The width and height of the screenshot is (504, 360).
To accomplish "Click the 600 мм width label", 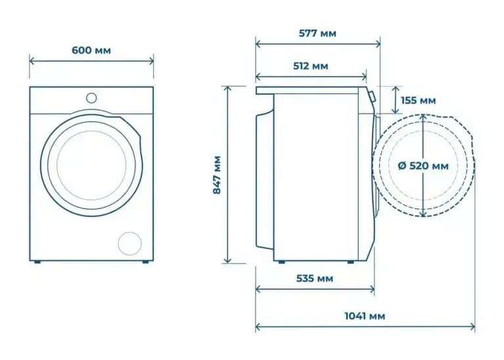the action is click(91, 51).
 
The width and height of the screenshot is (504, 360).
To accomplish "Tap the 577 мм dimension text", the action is click(317, 34).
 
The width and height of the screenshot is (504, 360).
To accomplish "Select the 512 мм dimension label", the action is click(311, 66).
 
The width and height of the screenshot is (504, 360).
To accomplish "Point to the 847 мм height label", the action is click(218, 175).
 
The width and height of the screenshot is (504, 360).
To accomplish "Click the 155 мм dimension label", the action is click(418, 101).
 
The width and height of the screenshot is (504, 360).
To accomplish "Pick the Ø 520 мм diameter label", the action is click(423, 166).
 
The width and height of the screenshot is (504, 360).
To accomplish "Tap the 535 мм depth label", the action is click(314, 279).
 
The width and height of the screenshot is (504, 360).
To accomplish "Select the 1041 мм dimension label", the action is click(365, 316).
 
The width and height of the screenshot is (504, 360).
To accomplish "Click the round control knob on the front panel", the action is click(91, 98).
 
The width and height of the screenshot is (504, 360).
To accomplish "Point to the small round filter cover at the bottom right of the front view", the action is click(129, 243).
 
